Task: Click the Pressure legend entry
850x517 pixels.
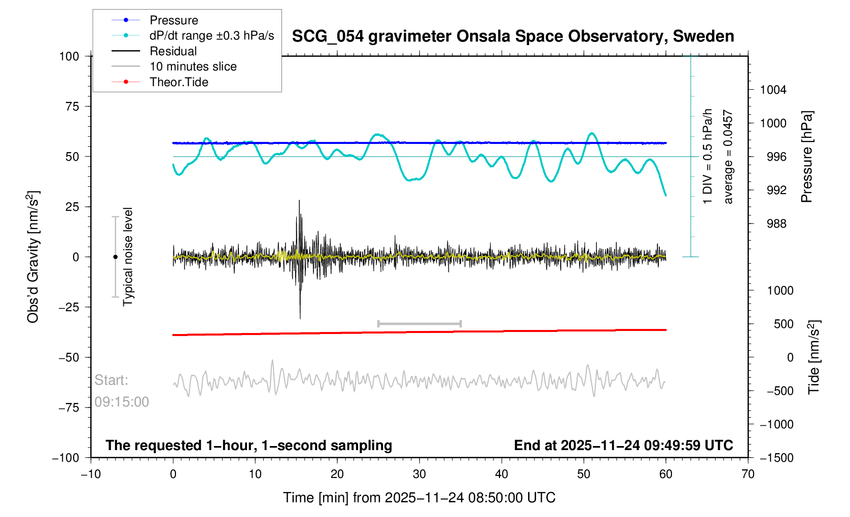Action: click(x=173, y=20)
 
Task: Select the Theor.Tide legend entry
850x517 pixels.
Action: click(x=179, y=82)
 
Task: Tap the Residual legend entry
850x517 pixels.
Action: click(x=173, y=51)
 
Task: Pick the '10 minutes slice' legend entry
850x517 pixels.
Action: click(x=193, y=66)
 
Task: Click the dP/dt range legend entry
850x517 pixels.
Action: click(x=211, y=35)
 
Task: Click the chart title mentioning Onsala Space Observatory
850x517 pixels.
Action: click(x=513, y=36)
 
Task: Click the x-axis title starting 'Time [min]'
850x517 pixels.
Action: click(x=419, y=498)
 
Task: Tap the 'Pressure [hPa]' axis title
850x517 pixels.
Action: click(x=806, y=157)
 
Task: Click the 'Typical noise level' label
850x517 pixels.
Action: click(x=128, y=257)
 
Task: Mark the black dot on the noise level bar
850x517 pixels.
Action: click(x=115, y=257)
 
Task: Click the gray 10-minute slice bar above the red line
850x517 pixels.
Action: click(x=419, y=323)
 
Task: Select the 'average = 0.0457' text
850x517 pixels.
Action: click(x=728, y=157)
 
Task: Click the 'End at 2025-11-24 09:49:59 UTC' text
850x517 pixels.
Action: click(x=623, y=446)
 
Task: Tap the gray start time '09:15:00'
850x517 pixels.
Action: click(x=122, y=402)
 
